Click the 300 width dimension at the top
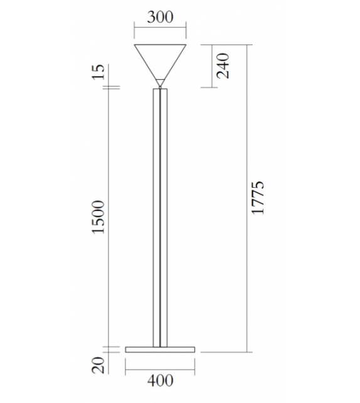[161, 17]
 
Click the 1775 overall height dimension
[258, 199]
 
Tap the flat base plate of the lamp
[161, 348]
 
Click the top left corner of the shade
[135, 45]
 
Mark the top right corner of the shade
[188, 45]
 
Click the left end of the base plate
[126, 348]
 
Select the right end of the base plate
[196, 348]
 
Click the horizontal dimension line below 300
[161, 28]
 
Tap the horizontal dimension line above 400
[161, 369]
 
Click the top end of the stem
[161, 89]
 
